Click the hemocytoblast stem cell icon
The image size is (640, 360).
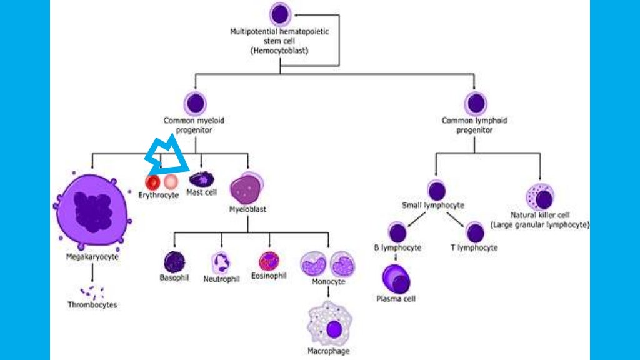click(x=280, y=14)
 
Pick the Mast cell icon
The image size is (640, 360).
click(x=201, y=179)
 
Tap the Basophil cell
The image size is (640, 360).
click(x=174, y=262)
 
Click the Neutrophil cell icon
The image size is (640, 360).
click(x=221, y=262)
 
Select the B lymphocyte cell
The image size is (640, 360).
click(x=397, y=232)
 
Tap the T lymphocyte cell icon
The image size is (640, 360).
click(x=474, y=232)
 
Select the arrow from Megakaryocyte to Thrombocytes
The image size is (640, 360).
click(x=92, y=271)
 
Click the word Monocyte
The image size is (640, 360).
click(x=329, y=282)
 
